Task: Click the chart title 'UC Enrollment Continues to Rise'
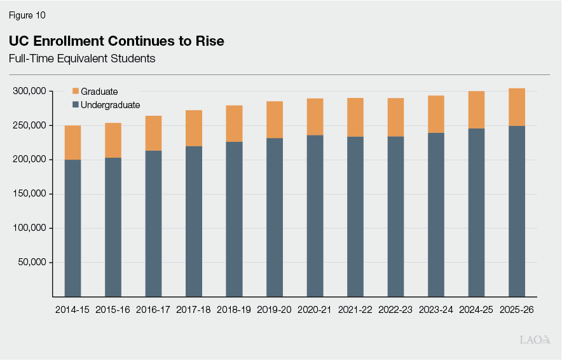(116, 41)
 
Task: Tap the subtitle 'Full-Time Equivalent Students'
(82, 59)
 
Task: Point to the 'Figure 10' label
(27, 15)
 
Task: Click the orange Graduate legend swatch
(76, 92)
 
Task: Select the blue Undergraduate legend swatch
(76, 105)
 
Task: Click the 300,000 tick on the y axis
(29, 92)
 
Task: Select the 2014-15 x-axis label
(72, 310)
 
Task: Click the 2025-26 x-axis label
(517, 310)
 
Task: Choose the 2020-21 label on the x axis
(315, 310)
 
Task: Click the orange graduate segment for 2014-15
(72, 142)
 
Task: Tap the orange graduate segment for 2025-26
(517, 107)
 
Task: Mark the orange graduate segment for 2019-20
(275, 120)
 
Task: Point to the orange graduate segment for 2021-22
(355, 117)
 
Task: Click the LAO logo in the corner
(535, 340)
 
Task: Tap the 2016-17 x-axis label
(153, 310)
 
